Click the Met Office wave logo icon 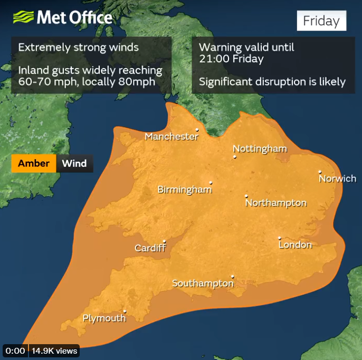(x=23, y=17)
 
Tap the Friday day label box (x=321, y=21)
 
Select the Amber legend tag (x=34, y=163)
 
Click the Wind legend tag (x=74, y=163)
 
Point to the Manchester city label (x=172, y=137)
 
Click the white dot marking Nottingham (x=235, y=157)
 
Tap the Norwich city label (x=337, y=179)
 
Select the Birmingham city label (x=184, y=190)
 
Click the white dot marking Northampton (x=246, y=196)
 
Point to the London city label (x=295, y=245)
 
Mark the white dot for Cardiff (x=165, y=242)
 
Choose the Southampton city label (x=203, y=283)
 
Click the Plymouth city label (x=104, y=318)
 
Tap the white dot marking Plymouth (x=125, y=311)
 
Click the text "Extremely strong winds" (x=78, y=47)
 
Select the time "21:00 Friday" (x=231, y=59)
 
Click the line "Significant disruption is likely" (x=272, y=82)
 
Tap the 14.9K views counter (x=54, y=350)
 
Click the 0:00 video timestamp (x=15, y=350)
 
